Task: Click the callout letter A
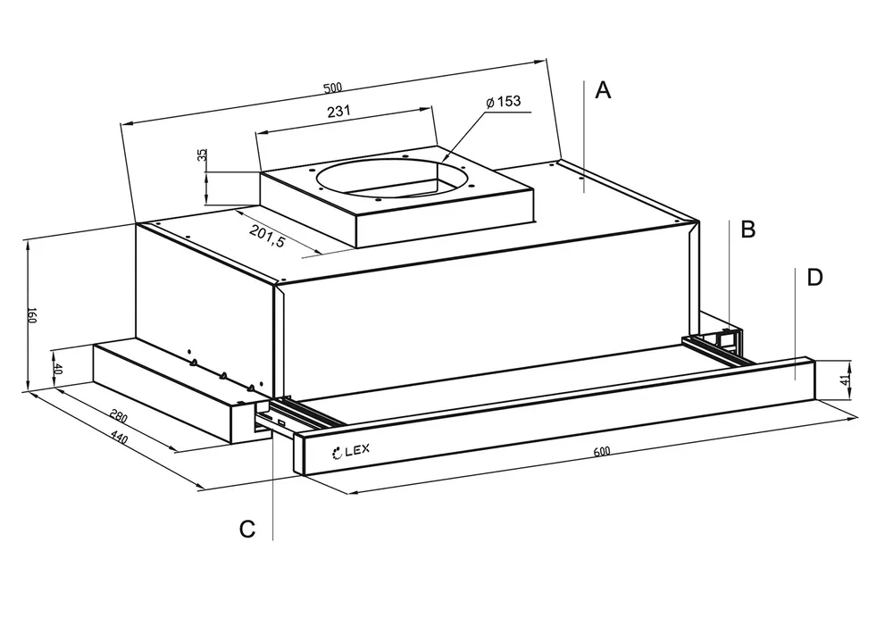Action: point(604,90)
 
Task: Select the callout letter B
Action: point(748,230)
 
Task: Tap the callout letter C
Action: point(247,529)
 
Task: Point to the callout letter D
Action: point(814,278)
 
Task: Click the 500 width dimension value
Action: point(332,88)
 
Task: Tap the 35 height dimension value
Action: point(203,155)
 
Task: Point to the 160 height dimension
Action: point(31,315)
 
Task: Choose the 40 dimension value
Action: point(58,368)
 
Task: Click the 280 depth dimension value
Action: point(117,416)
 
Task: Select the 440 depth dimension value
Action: point(120,440)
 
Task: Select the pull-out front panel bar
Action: point(554,415)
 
